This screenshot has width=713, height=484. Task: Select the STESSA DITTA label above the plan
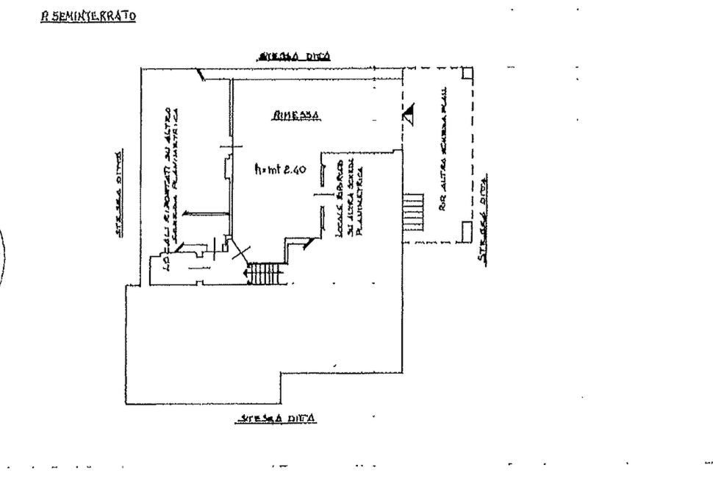coord(293,56)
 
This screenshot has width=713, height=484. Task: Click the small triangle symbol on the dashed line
coord(408,113)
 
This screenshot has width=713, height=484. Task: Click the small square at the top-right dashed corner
coord(467,74)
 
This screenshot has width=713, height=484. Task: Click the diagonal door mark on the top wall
coord(199,74)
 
